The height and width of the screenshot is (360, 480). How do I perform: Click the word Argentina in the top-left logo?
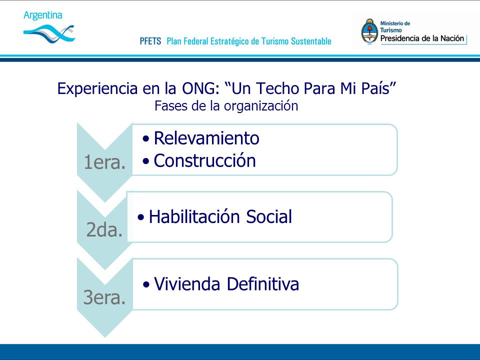click(x=43, y=15)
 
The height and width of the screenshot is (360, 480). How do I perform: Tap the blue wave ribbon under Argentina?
click(x=49, y=33)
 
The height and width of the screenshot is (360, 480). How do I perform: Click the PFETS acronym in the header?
click(x=150, y=41)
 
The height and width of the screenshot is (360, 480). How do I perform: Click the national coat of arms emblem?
click(x=370, y=32)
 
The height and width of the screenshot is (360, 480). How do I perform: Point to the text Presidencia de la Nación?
click(x=422, y=38)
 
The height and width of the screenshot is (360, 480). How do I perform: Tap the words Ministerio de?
click(x=395, y=23)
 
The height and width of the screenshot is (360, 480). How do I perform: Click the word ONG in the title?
click(x=200, y=88)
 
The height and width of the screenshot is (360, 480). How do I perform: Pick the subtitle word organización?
click(x=261, y=106)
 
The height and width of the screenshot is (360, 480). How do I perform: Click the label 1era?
click(x=104, y=162)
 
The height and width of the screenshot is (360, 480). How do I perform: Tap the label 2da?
click(x=104, y=229)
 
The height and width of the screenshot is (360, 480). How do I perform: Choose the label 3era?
click(x=104, y=297)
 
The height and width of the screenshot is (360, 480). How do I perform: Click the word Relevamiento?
click(x=206, y=138)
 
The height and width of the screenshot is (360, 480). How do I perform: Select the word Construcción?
click(x=205, y=160)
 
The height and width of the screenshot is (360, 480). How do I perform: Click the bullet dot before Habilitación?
click(x=141, y=217)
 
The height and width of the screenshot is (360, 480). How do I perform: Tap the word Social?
click(x=269, y=216)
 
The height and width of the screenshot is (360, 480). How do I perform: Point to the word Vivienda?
click(x=187, y=284)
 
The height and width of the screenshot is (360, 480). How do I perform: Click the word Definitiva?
click(x=263, y=284)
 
